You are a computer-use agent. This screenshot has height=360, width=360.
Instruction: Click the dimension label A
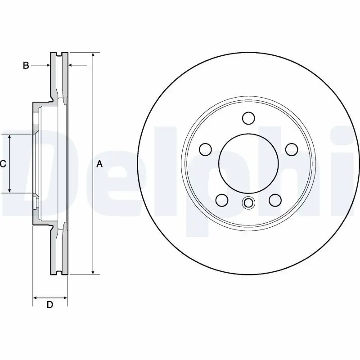[x=100, y=165]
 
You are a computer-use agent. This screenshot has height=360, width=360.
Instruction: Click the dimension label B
[x=26, y=66]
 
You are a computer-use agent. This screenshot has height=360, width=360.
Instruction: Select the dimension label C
[x=3, y=164]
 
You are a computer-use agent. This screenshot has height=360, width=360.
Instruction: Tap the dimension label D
[x=50, y=305]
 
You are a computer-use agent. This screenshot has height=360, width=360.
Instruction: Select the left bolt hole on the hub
[x=206, y=149]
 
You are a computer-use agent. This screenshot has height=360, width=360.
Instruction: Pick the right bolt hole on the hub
[x=291, y=149]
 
